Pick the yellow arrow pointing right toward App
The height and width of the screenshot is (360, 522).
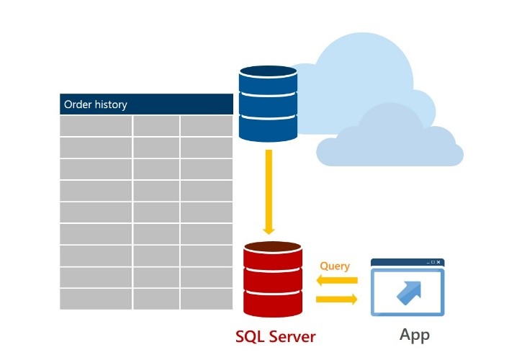(x=336, y=298)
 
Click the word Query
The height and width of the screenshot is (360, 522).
(x=335, y=266)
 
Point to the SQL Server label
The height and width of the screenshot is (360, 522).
(x=276, y=336)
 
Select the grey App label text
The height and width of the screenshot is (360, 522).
(x=415, y=336)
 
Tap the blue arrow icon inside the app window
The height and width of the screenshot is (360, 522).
(x=408, y=292)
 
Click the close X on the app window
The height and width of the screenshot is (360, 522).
(x=438, y=262)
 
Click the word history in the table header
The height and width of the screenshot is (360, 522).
(x=110, y=104)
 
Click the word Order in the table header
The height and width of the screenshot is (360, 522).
(x=77, y=104)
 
